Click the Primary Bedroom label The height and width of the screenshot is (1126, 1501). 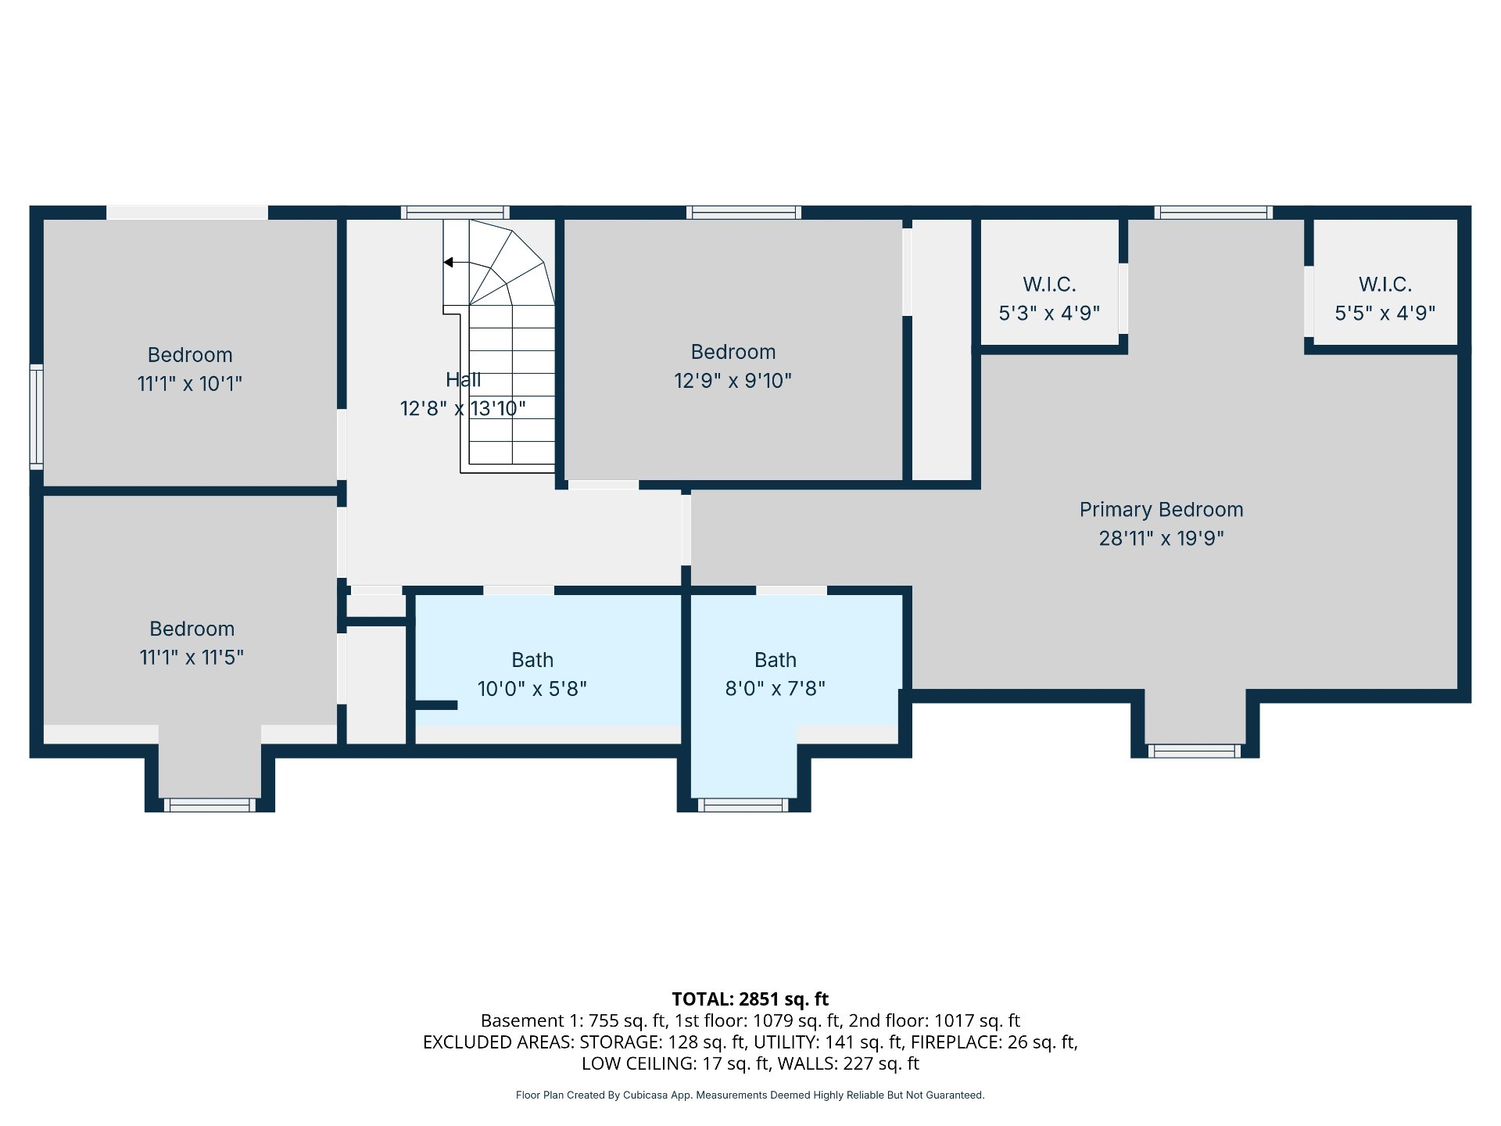pyautogui.click(x=1161, y=510)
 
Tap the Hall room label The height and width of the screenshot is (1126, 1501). pyautogui.click(x=463, y=380)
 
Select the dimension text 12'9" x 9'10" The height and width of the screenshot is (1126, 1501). pyautogui.click(x=733, y=381)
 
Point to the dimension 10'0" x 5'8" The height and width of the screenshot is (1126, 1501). pyautogui.click(x=532, y=689)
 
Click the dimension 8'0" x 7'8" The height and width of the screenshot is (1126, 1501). pyautogui.click(x=775, y=689)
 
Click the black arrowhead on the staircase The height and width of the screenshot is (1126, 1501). pyautogui.click(x=448, y=262)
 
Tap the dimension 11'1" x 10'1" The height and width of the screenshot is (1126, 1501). pyautogui.click(x=190, y=384)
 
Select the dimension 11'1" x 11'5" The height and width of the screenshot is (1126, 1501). pyautogui.click(x=192, y=658)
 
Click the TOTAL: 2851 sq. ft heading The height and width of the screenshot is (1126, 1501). pyautogui.click(x=750, y=999)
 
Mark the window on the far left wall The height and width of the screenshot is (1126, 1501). pyautogui.click(x=36, y=417)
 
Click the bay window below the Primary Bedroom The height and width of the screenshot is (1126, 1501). pyautogui.click(x=1194, y=751)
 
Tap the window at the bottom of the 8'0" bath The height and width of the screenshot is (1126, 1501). pyautogui.click(x=743, y=805)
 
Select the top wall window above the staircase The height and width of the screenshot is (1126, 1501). pyautogui.click(x=455, y=213)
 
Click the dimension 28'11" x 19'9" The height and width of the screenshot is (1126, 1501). pyautogui.click(x=1161, y=539)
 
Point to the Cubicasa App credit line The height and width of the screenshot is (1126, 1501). pyautogui.click(x=750, y=1096)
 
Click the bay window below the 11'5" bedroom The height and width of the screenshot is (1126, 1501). pyautogui.click(x=210, y=805)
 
